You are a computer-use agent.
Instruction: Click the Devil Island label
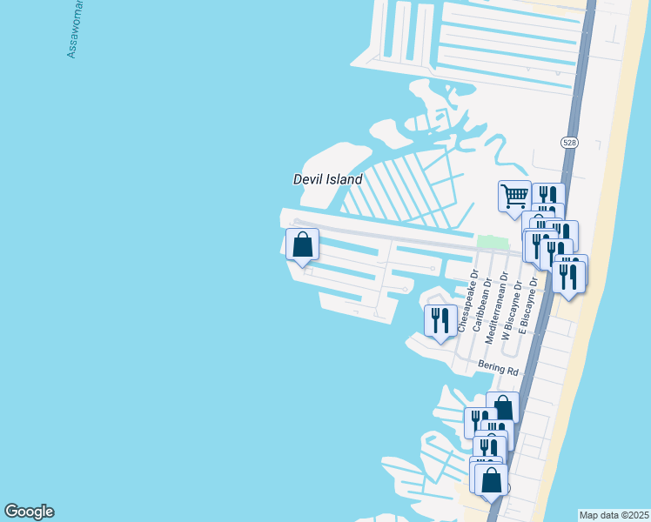(x=327, y=179)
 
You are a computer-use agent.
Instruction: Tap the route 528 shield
(x=569, y=142)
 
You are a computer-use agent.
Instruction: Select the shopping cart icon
(x=514, y=195)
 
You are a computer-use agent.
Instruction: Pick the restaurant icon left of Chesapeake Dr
(x=440, y=319)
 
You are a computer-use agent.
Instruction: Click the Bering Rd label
(x=498, y=369)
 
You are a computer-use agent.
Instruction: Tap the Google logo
(x=29, y=512)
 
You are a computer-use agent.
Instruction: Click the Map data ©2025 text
(x=614, y=515)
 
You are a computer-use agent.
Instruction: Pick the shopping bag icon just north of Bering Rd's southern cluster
(x=503, y=407)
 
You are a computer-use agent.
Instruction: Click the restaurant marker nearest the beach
(x=569, y=277)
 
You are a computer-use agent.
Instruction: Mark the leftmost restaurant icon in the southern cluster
(x=478, y=422)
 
